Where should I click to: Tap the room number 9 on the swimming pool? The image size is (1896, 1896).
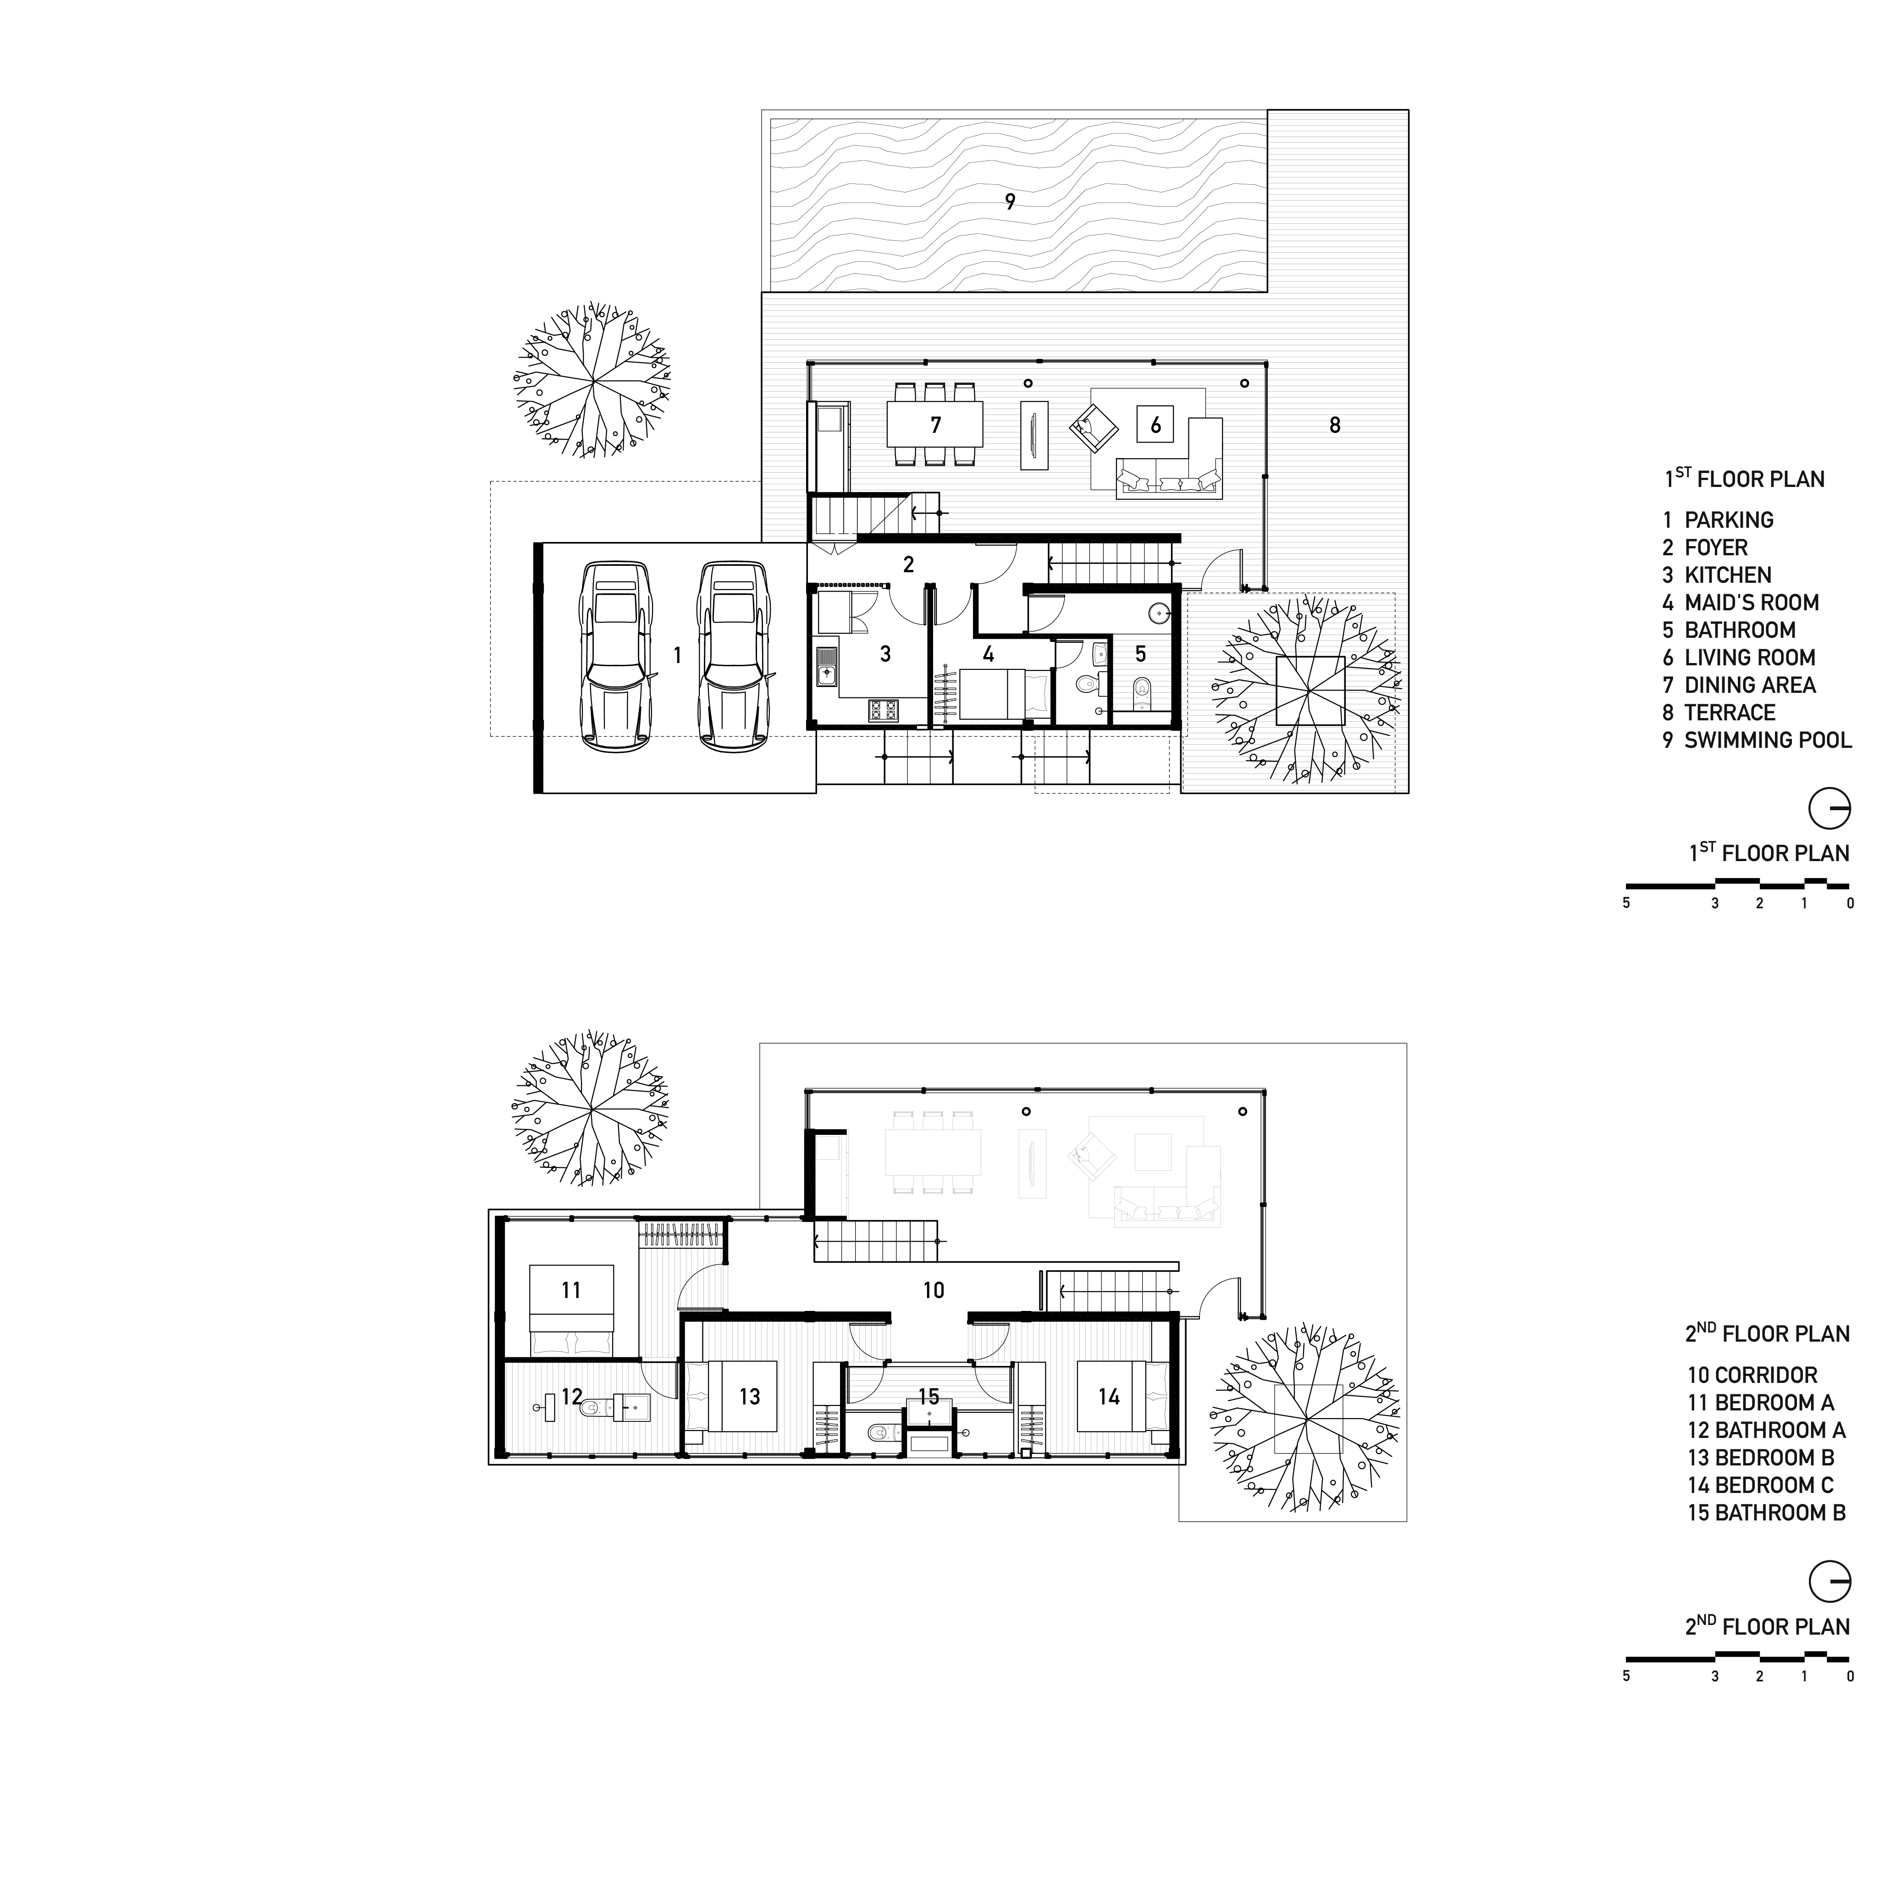coord(1010,202)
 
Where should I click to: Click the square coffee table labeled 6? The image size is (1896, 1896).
coord(1155,425)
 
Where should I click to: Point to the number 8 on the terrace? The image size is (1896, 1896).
coord(1335,425)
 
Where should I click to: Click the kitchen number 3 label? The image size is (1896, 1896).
coord(885,653)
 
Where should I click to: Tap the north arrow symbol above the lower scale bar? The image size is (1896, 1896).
coord(1829,1582)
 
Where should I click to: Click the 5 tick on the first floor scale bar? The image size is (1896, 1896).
coord(1626,903)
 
